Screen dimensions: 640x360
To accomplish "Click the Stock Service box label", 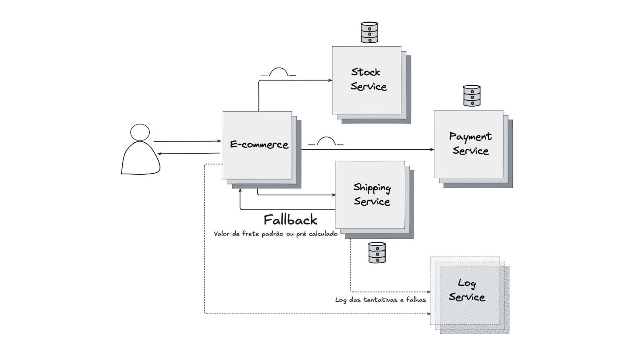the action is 368,79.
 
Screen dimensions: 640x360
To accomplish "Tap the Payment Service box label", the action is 470,144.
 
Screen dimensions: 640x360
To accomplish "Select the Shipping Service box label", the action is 372,194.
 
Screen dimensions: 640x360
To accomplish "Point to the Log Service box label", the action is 467,290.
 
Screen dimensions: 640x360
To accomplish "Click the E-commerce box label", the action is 259,144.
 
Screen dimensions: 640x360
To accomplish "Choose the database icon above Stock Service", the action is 369,32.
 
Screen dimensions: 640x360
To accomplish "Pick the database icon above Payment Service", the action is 472,96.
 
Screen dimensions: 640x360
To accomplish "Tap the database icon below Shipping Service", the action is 377,252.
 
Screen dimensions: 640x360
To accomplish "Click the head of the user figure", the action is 140,132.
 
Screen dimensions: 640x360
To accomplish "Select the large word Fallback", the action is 290,220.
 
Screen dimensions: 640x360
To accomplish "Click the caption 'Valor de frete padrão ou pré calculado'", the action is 276,234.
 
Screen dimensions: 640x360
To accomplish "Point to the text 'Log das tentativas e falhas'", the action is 380,300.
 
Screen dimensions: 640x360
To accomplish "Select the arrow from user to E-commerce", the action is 187,141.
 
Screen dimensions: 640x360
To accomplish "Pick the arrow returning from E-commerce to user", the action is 188,153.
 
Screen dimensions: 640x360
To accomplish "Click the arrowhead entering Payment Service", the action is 432,149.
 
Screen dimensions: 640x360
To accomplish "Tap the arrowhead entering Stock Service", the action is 330,80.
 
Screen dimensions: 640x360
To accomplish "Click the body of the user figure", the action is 140,159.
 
